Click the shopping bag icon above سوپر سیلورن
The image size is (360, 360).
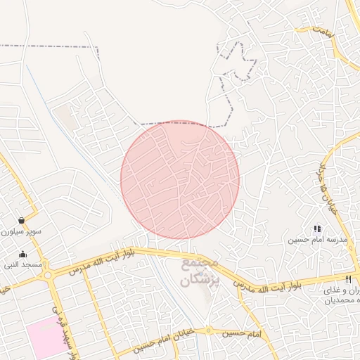click(22, 220)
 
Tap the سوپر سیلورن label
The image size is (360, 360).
click(20, 231)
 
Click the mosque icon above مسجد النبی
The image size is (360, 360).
click(23, 255)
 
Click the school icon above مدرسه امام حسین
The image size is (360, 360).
click(317, 229)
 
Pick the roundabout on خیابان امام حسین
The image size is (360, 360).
click(208, 330)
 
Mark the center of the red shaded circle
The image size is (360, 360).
click(180, 179)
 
